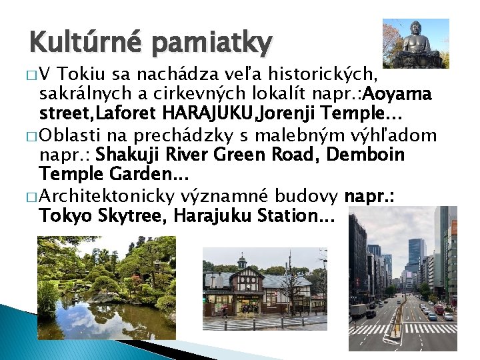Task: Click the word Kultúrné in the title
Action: click(x=82, y=43)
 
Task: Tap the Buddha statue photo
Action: click(x=415, y=43)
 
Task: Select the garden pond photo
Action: click(x=107, y=288)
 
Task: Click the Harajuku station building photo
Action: click(x=265, y=289)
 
